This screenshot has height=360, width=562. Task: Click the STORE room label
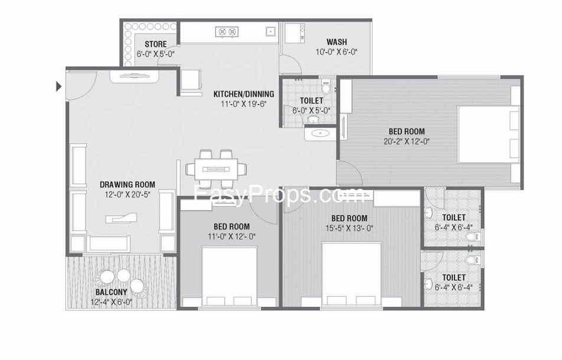156,44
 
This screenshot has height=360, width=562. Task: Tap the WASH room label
336,42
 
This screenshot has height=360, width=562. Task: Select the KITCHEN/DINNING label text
244,94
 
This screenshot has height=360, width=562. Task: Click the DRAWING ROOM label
128,185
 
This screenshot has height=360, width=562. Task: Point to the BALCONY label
111,292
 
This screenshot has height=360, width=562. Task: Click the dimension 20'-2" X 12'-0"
406,142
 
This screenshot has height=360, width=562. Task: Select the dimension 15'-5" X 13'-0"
349,228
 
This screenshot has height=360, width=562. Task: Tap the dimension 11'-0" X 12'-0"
231,237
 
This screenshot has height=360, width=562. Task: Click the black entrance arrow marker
59,86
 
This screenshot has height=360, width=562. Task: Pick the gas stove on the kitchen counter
227,32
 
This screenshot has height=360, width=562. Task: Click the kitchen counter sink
270,31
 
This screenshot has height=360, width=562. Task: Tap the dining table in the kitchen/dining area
216,169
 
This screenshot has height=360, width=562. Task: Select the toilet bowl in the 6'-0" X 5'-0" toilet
325,86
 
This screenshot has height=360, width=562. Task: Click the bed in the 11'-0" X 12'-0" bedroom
230,277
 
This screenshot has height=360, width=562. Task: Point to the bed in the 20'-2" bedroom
489,134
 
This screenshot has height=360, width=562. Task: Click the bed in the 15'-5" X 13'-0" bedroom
351,275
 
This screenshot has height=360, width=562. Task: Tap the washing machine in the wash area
294,33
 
